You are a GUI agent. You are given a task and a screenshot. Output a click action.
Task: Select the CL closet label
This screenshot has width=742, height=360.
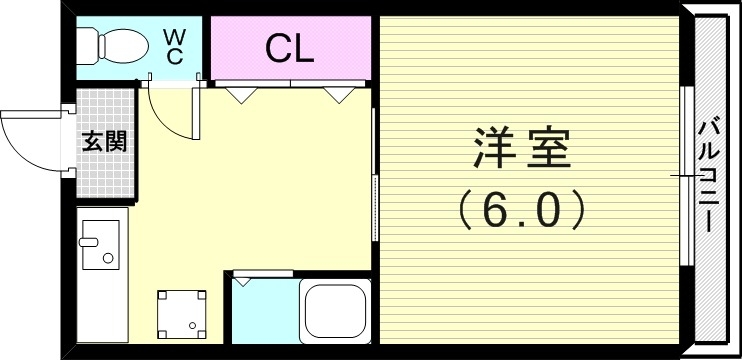click(290, 47)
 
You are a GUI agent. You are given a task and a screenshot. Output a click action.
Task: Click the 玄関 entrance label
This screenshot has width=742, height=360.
click(103, 141)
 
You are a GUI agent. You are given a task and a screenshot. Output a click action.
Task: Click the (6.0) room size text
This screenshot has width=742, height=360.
click(520, 210)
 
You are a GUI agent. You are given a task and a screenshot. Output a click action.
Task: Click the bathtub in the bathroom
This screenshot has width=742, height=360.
click(337, 312)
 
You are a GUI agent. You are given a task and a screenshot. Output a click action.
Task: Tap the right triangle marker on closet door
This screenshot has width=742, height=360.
click(338, 95)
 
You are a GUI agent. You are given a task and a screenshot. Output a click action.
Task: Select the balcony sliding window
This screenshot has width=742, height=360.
click(685, 175)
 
